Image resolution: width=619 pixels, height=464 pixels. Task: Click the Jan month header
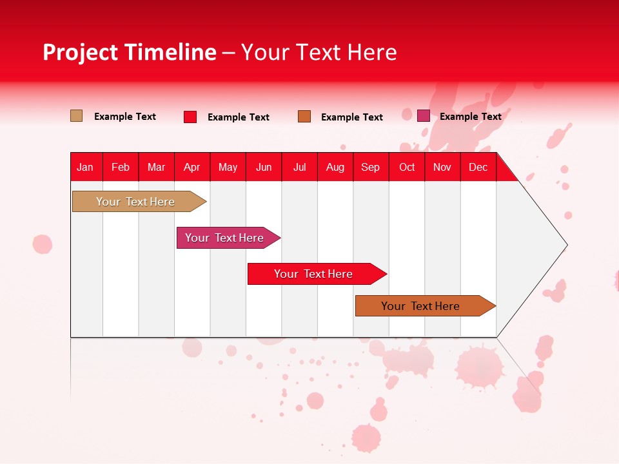(x=85, y=167)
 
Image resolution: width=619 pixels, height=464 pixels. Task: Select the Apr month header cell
(x=192, y=167)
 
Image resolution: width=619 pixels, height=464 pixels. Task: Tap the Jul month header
(x=299, y=167)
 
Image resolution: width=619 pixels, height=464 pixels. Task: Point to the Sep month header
(x=370, y=167)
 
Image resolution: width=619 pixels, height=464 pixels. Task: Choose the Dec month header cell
(x=478, y=167)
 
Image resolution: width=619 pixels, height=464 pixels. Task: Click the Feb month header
(x=121, y=167)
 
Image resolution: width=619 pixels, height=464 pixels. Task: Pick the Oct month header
(x=407, y=167)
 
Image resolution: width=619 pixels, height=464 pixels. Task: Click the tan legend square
(x=76, y=116)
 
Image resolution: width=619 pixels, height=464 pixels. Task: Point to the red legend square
(x=190, y=117)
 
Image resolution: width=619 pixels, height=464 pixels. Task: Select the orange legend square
(x=304, y=117)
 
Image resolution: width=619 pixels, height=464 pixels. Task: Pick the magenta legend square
(x=424, y=116)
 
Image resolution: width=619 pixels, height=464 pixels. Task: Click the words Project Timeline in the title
(x=129, y=52)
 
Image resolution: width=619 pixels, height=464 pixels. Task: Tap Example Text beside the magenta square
(x=470, y=117)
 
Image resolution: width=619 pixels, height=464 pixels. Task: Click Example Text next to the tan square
(x=124, y=117)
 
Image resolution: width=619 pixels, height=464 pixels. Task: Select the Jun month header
(x=264, y=167)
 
